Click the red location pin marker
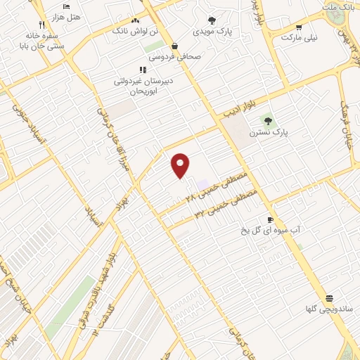coord(181,165)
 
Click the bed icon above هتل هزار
coord(66,6)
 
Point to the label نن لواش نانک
coord(130,30)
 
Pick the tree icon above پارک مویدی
coord(212,20)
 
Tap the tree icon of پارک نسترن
coord(268,121)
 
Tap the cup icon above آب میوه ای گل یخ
coord(270,219)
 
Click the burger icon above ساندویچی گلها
coord(329,298)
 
